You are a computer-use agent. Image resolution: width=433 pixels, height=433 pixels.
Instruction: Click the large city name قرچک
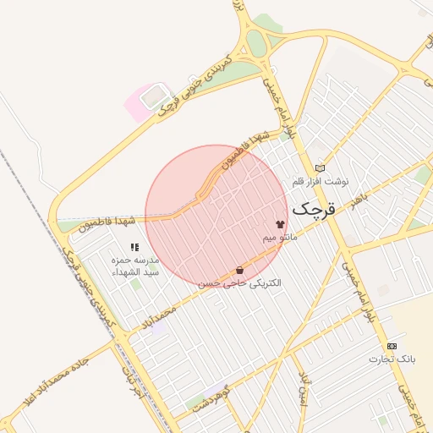point(314,208)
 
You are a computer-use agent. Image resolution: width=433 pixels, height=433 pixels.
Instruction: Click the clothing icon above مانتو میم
point(280,224)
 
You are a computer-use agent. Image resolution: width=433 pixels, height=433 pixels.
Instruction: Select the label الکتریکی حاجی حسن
point(239,283)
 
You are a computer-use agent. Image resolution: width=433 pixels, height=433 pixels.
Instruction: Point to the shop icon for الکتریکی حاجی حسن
point(240,271)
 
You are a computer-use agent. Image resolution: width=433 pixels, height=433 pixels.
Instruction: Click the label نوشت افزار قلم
point(320,181)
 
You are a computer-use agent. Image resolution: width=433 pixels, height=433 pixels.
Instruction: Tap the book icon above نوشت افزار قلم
point(319,168)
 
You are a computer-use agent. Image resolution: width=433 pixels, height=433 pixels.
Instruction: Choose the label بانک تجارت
point(392,359)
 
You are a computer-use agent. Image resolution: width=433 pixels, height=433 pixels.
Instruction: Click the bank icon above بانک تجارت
point(392,347)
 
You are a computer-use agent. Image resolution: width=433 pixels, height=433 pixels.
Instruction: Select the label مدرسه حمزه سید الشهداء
point(135,266)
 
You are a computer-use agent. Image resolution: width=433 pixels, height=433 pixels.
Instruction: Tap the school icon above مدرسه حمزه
point(134,247)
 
